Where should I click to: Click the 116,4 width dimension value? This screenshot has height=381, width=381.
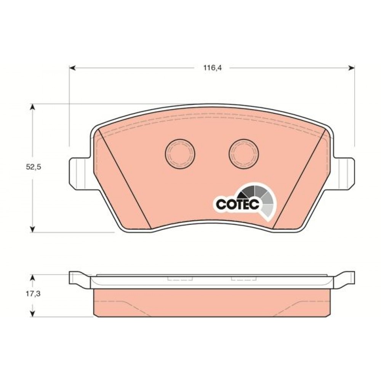coord(212,68)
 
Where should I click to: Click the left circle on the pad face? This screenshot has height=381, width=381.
coord(180,154)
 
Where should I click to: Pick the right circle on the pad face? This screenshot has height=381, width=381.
coord(244,154)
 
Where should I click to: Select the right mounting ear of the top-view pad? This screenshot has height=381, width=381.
coord(344,173)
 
